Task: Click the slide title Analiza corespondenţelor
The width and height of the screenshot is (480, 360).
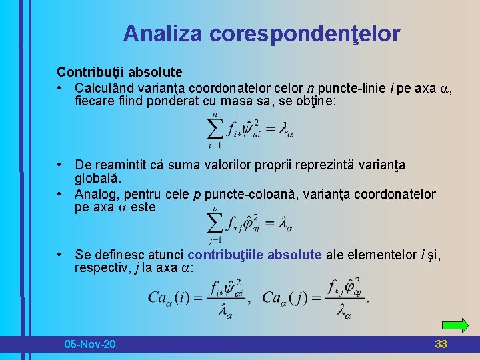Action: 261,33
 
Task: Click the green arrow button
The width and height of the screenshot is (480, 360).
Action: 455,325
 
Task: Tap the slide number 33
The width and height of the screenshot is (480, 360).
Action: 441,344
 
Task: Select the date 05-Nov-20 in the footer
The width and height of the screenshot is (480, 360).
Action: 89,344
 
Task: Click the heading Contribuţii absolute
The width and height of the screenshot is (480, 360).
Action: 119,71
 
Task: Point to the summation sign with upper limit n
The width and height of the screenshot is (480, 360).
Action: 215,131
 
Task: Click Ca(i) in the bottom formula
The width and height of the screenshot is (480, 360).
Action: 169,297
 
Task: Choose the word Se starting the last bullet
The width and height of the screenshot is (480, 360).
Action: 82,255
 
